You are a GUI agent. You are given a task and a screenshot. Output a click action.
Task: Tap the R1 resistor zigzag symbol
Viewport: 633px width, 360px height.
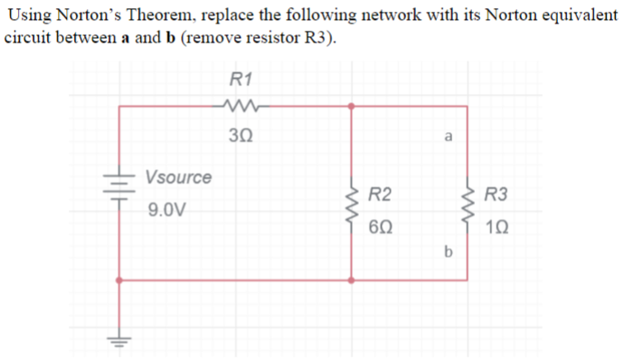241,108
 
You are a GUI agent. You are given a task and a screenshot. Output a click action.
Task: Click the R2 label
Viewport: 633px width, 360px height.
381,194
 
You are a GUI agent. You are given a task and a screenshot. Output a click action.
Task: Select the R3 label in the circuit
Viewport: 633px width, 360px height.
496,194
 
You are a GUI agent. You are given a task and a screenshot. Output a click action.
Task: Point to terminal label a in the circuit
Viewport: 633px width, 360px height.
449,138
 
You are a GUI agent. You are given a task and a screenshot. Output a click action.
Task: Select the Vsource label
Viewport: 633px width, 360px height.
178,176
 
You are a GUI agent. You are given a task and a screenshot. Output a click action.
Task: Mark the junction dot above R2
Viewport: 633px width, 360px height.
351,107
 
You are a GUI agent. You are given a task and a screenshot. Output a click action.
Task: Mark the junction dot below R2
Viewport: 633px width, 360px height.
351,279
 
